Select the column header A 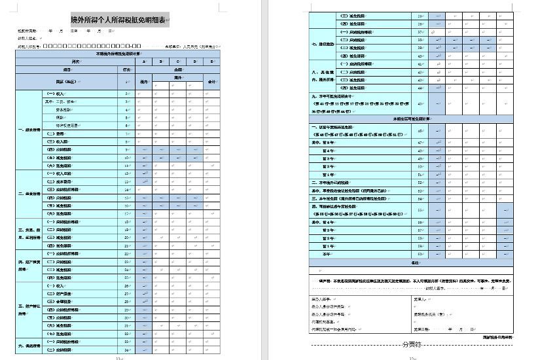coord(143,62)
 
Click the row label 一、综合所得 coord(29,130)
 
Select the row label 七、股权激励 coord(323,44)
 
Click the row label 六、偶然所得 coord(29,346)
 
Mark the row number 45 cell coord(420,103)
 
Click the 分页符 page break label coord(411,344)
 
